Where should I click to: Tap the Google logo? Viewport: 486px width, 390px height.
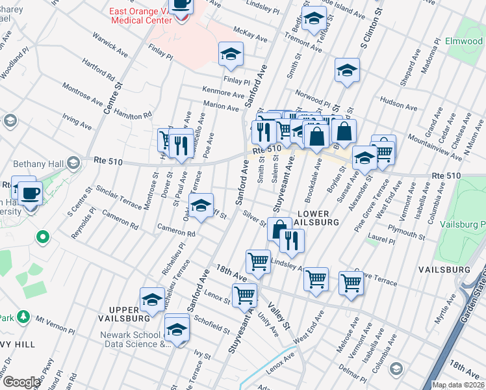coord(21,382)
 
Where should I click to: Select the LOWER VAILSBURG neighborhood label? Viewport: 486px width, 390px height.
coord(318,216)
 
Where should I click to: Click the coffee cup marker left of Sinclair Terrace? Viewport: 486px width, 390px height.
coord(30,193)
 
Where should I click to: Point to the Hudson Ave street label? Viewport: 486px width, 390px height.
coord(398,101)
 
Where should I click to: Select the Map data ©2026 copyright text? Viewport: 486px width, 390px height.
coord(458,385)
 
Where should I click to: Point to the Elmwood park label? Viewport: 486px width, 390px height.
coord(464,41)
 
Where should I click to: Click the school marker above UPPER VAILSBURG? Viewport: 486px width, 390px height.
coord(152,299)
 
